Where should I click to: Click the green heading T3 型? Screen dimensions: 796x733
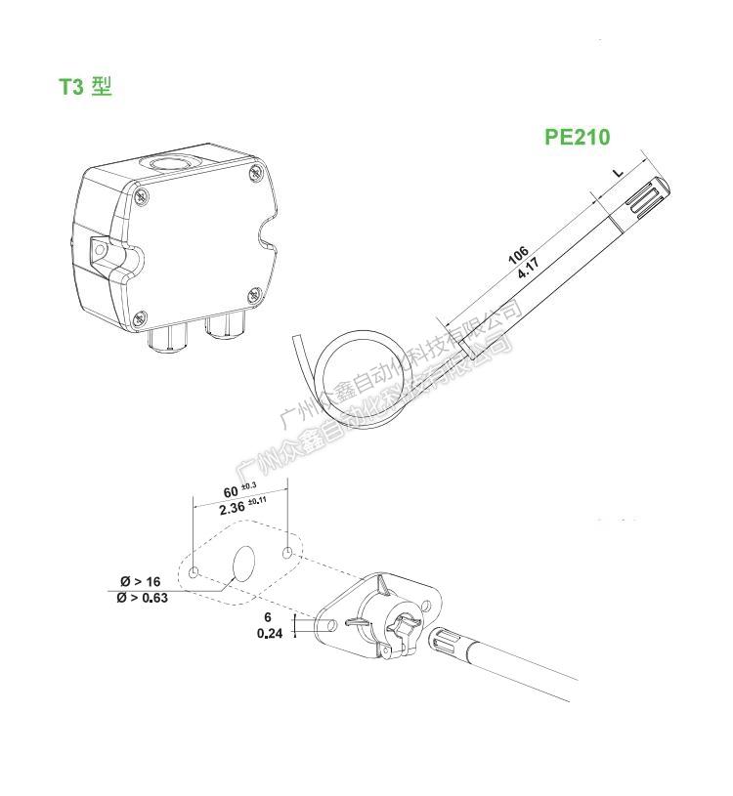85,87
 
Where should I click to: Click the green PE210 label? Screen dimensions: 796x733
577,137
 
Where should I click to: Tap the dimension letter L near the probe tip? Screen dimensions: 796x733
618,173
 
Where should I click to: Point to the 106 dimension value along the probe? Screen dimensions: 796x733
519,256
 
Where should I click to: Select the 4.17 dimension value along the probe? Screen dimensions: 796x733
531,269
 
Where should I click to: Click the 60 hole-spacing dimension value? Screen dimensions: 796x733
231,491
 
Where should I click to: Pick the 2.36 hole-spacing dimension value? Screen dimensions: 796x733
232,509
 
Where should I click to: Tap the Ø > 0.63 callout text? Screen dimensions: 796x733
142,598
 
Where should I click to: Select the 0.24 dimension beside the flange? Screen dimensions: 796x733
269,633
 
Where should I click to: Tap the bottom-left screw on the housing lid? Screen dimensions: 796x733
140,316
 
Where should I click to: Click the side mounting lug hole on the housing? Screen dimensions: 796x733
99,250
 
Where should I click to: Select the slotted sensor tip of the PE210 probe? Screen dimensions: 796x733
648,201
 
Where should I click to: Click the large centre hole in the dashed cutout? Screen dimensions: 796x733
243,564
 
